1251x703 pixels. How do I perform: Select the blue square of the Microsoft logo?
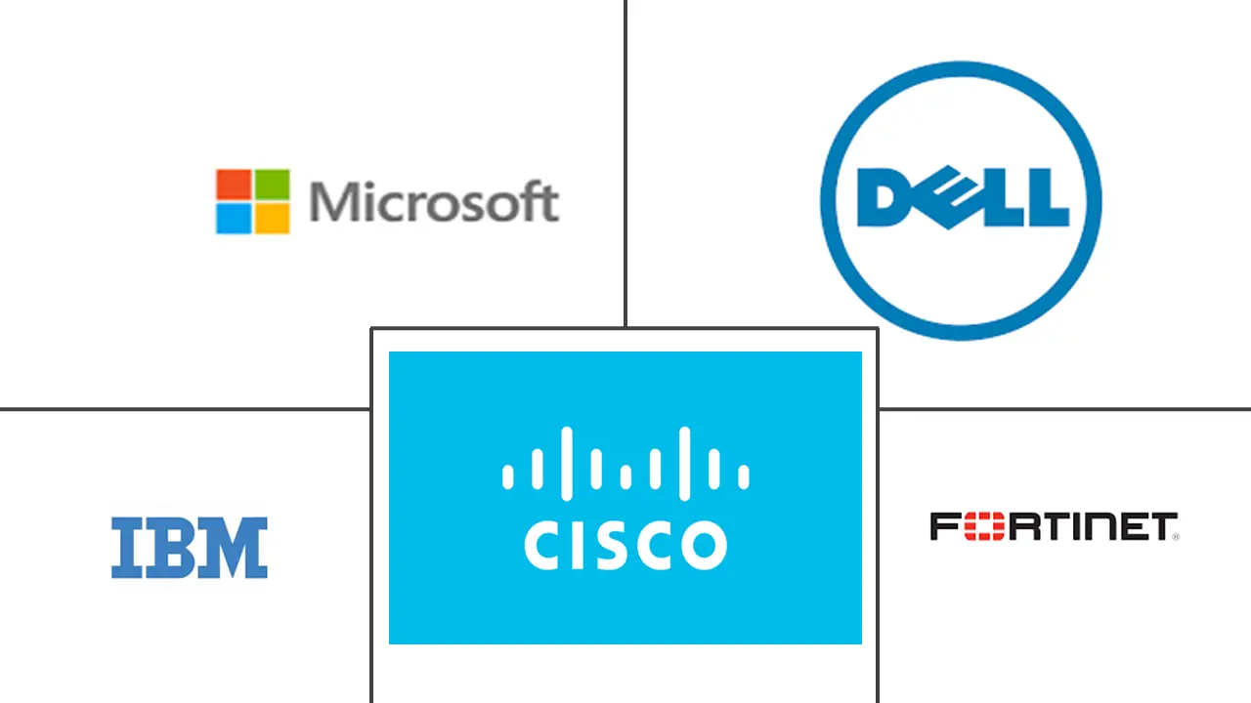(x=234, y=218)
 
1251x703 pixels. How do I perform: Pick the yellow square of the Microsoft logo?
(x=273, y=218)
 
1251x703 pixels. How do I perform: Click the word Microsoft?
(x=434, y=202)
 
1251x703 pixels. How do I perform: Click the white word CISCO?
(x=625, y=545)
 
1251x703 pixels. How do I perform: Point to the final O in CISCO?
(x=704, y=545)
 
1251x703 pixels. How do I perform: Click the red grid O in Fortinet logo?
(x=978, y=527)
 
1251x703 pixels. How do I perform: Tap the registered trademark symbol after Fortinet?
(x=1176, y=536)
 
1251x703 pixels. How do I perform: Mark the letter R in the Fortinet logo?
(x=1013, y=527)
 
